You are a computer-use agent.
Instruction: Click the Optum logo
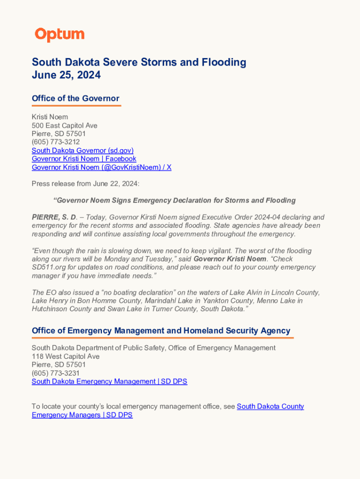coord(59,35)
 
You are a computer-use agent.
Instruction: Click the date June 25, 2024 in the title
coord(66,75)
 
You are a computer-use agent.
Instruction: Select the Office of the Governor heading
coord(75,98)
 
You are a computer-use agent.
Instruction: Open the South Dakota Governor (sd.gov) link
coord(82,150)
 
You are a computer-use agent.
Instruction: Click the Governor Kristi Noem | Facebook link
coord(84,159)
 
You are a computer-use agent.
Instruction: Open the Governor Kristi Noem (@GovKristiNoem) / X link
coord(101,167)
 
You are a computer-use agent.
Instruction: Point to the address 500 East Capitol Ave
coord(65,125)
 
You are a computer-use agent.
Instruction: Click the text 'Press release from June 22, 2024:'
coord(86,183)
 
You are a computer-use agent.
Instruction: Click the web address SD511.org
coord(50,267)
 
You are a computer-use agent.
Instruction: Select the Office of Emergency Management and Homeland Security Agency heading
coord(161,331)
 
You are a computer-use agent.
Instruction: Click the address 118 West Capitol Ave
coord(65,356)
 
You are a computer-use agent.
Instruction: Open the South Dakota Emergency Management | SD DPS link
coord(109,381)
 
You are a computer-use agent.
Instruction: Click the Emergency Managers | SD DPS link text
coord(82,415)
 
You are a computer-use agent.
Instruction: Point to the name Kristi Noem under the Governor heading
coord(50,116)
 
